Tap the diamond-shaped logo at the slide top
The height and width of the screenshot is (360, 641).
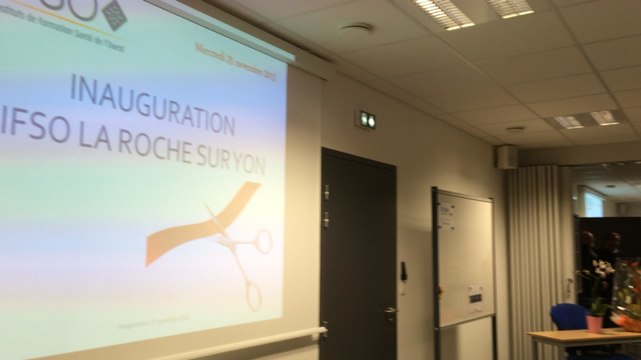pyautogui.click(x=115, y=13)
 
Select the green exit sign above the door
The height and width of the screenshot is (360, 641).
pyautogui.click(x=366, y=120)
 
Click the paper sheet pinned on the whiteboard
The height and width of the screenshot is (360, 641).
pyautogui.click(x=447, y=212)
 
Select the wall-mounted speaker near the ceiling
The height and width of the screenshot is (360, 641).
pyautogui.click(x=507, y=157)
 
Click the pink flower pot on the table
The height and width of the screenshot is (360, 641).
pyautogui.click(x=595, y=322)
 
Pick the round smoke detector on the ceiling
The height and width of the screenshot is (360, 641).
pyautogui.click(x=357, y=29)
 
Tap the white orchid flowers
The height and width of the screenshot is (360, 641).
pyautogui.click(x=601, y=270)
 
